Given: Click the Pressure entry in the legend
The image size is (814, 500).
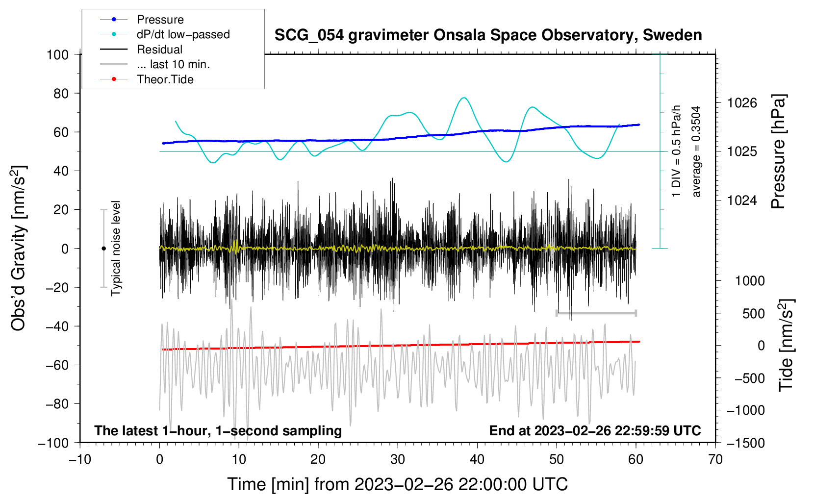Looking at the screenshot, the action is pyautogui.click(x=142, y=20).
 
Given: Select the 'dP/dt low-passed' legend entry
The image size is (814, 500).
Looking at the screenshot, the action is pyautogui.click(x=165, y=34).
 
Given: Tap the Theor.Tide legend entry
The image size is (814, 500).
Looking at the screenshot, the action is pyautogui.click(x=147, y=79).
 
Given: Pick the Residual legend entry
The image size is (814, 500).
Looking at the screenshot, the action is pyautogui.click(x=141, y=50).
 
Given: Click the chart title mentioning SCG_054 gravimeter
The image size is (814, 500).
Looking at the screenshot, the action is pyautogui.click(x=488, y=35).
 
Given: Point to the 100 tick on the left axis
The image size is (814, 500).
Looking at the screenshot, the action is pyautogui.click(x=57, y=55).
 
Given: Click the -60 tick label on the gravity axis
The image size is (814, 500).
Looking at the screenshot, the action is pyautogui.click(x=57, y=365).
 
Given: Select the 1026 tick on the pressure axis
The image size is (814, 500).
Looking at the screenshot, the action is pyautogui.click(x=742, y=103).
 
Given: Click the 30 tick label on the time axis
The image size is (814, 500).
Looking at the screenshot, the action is pyautogui.click(x=398, y=460).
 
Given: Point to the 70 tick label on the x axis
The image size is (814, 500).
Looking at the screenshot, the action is pyautogui.click(x=715, y=460).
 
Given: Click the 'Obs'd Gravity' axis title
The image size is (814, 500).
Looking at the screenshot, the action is pyautogui.click(x=18, y=248).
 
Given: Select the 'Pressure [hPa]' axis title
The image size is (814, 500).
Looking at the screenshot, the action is pyautogui.click(x=778, y=151).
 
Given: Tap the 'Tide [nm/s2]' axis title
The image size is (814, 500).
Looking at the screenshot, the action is pyautogui.click(x=786, y=345).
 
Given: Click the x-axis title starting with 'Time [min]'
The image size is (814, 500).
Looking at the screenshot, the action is pyautogui.click(x=397, y=484).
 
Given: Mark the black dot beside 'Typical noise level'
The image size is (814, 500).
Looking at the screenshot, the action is pyautogui.click(x=103, y=249).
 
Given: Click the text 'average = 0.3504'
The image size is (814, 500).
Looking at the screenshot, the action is pyautogui.click(x=696, y=151).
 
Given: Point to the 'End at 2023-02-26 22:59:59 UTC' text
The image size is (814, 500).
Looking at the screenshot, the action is pyautogui.click(x=595, y=430).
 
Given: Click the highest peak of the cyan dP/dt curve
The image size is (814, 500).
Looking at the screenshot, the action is pyautogui.click(x=464, y=98).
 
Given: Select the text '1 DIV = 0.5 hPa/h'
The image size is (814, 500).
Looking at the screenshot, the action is pyautogui.click(x=676, y=151).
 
